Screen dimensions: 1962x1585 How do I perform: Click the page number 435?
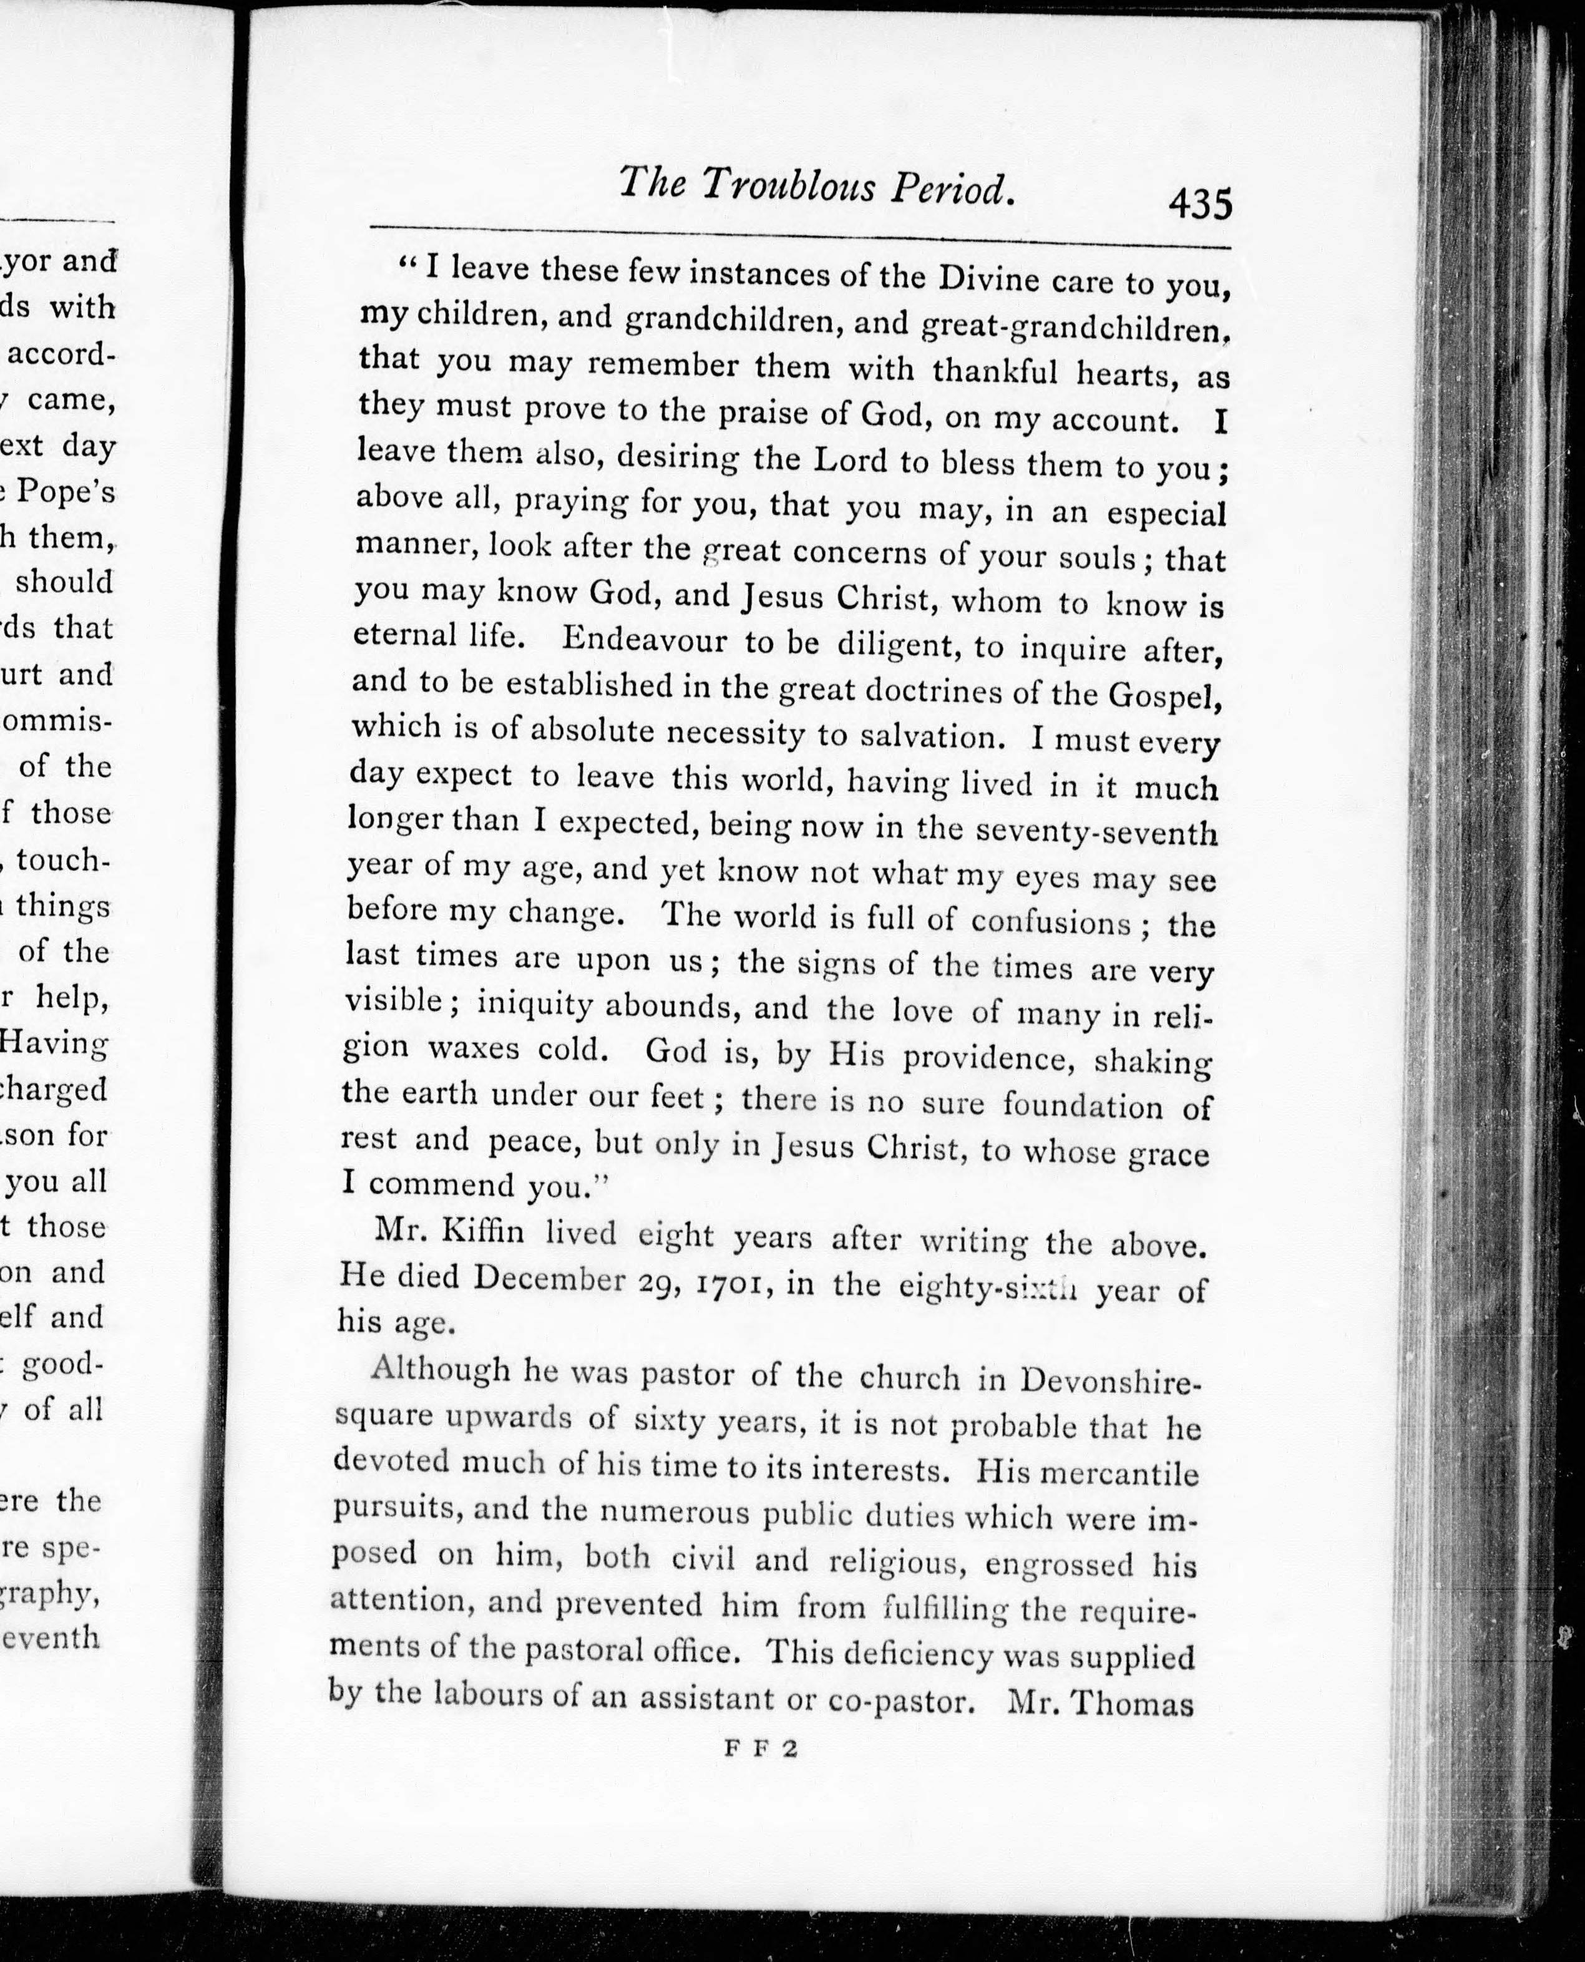click(x=1200, y=203)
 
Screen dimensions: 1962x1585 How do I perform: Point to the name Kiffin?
click(x=483, y=1232)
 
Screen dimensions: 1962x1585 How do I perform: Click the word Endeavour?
click(x=645, y=638)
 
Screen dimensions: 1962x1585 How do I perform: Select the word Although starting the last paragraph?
click(x=440, y=1370)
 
